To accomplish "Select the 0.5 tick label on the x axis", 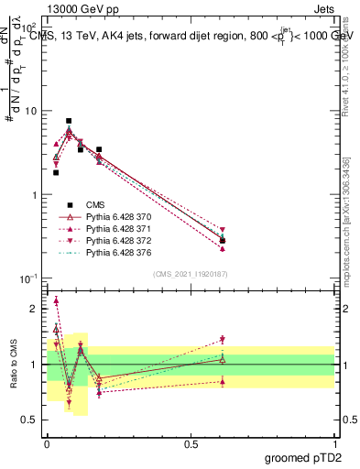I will coord(190,442).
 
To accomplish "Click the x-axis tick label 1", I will coord(333,442).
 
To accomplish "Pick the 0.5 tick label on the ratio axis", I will coord(29,420).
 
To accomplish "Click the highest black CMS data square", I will coord(69,121).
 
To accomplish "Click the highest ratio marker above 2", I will coord(56,300).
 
